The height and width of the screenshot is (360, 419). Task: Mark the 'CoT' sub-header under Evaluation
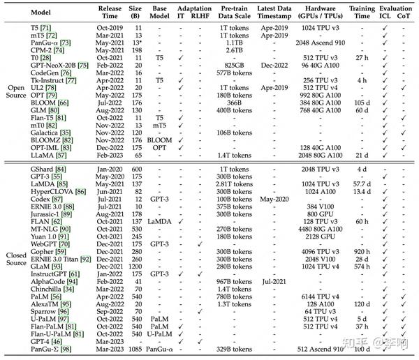click(x=404, y=15)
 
